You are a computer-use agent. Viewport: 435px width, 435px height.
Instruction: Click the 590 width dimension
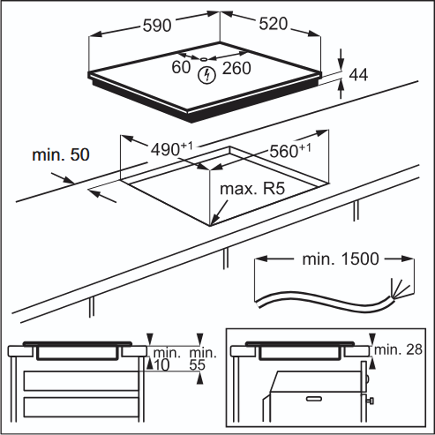click(157, 26)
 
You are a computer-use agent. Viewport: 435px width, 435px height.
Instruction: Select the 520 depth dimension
click(273, 24)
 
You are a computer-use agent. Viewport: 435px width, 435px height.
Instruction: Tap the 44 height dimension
click(358, 75)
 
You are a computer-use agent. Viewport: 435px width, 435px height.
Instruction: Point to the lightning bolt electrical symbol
click(207, 75)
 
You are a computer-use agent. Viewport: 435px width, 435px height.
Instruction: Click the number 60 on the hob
click(181, 67)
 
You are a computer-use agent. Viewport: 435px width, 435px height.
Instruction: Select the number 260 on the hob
click(237, 68)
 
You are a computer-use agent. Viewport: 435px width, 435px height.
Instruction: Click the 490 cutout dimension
click(171, 149)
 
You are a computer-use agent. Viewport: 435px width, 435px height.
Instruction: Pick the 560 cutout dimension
click(290, 150)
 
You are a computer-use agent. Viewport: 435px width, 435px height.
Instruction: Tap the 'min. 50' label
click(61, 154)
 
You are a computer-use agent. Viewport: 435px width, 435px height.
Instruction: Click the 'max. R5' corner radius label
click(252, 189)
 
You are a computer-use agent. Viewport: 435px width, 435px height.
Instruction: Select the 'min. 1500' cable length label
click(340, 259)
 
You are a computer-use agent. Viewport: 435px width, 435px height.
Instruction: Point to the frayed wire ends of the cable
click(400, 288)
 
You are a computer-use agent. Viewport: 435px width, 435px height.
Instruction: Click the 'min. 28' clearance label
click(398, 349)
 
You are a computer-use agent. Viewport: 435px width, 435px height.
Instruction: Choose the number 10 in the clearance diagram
click(162, 365)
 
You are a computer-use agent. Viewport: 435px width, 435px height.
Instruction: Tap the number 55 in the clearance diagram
click(197, 365)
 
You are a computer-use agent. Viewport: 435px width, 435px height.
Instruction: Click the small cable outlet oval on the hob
click(204, 59)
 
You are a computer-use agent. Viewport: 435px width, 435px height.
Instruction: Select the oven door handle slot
click(314, 399)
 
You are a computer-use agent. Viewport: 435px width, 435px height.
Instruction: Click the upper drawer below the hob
click(81, 381)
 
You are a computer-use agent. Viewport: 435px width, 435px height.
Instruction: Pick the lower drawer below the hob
click(81, 407)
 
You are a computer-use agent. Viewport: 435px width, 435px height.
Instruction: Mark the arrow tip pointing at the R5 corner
click(210, 225)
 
